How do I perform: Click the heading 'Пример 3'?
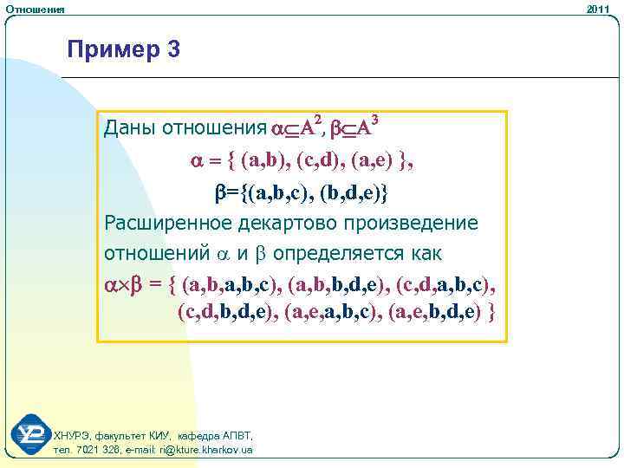pos(124,50)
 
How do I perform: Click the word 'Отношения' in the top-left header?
pos(34,9)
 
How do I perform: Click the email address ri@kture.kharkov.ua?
pos(205,451)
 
